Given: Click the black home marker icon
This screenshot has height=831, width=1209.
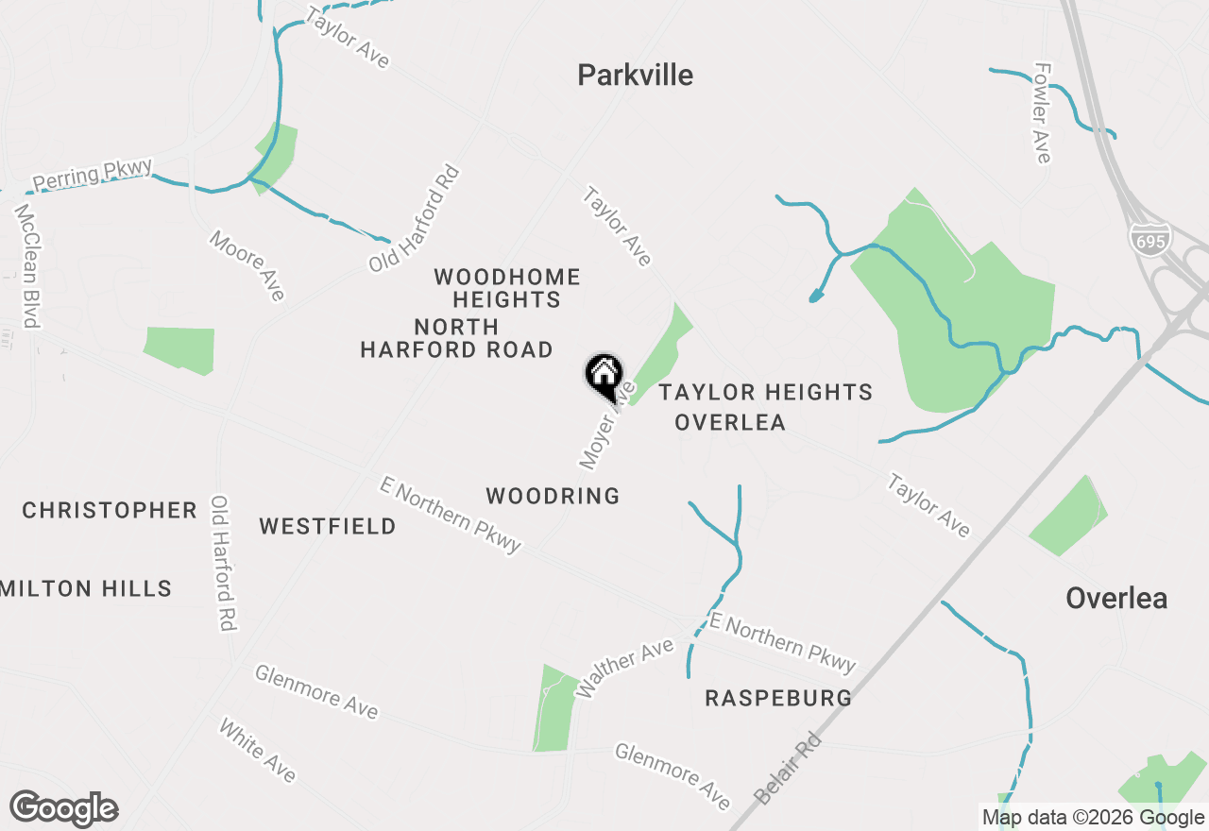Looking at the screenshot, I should (604, 374).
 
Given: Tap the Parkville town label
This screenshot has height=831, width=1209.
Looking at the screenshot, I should (635, 76).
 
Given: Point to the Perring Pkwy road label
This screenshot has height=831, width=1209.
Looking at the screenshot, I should (92, 175).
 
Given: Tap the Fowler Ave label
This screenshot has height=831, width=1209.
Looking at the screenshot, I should (1042, 113).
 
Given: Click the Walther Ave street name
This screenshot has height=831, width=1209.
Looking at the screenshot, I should (624, 669).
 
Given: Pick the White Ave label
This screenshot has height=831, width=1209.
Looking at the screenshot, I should (257, 751).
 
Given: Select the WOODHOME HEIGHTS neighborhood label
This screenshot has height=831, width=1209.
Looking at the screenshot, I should (507, 288).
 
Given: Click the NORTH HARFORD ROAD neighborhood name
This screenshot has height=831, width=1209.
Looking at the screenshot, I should (456, 338).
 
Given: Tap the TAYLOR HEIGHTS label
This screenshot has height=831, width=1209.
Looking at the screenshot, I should (765, 392).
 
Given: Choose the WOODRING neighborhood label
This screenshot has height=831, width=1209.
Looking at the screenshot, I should (553, 496).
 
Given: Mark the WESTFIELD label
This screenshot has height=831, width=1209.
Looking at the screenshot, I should (328, 526).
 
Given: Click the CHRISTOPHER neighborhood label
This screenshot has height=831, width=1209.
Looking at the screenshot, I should (110, 511).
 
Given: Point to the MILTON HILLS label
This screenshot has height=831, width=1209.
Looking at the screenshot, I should (86, 589).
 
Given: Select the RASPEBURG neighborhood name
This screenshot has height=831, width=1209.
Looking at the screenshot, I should (778, 699).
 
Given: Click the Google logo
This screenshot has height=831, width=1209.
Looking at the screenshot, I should (63, 809).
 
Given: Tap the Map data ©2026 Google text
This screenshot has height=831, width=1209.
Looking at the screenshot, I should (1093, 818).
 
